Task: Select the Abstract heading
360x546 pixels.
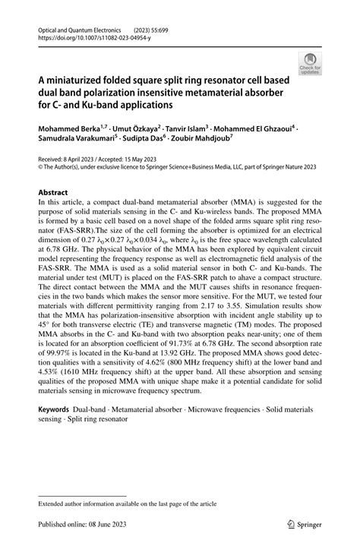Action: click(x=52, y=193)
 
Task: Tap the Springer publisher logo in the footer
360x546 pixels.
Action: click(x=302, y=523)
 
